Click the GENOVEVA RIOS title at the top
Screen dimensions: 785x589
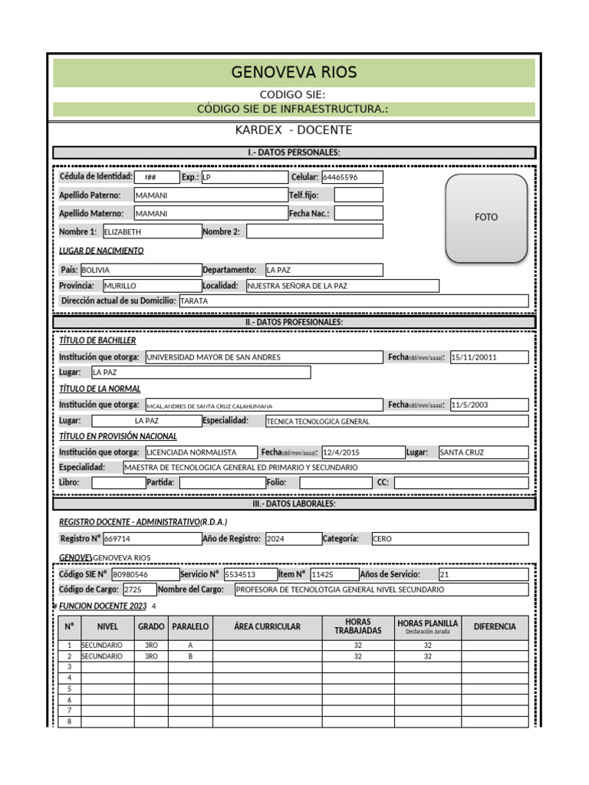coord(294,73)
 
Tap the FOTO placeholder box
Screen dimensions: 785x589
coord(486,217)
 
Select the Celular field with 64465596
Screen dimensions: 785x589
coord(352,177)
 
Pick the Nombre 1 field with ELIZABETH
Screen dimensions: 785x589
coord(151,232)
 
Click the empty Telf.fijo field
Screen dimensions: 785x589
coord(358,195)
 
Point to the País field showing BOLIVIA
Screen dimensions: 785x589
coord(140,270)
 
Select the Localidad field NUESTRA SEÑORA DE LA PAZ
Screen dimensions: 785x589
coord(342,286)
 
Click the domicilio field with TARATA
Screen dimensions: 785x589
coord(353,301)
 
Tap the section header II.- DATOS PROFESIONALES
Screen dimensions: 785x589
coord(294,322)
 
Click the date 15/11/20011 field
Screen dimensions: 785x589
coord(489,357)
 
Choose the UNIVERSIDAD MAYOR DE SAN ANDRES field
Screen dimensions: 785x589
coord(263,357)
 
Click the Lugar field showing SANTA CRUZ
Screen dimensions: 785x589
coord(482,452)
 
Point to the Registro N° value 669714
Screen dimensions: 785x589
coord(151,539)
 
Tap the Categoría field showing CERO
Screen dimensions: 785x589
coord(449,539)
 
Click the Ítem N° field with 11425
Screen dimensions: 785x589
coord(333,574)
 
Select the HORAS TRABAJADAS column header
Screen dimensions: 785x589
coord(357,627)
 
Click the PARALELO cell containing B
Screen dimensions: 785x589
coord(190,657)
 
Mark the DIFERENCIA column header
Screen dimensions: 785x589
coord(495,627)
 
